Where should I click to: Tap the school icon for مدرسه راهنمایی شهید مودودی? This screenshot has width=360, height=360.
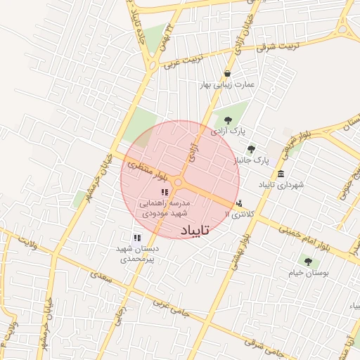165,192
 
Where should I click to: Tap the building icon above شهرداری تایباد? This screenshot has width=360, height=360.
281,174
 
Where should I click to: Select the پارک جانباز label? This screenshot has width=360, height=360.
252,161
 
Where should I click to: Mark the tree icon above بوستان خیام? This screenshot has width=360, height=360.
308,262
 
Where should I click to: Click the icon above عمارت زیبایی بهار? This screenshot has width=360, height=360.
226,74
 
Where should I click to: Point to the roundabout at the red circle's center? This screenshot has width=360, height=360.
179,183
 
